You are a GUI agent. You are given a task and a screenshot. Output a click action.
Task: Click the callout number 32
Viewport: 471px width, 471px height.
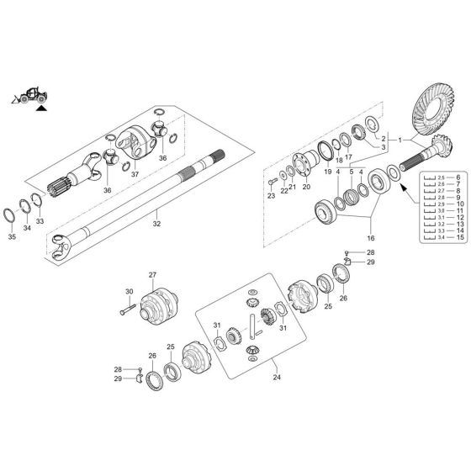156,225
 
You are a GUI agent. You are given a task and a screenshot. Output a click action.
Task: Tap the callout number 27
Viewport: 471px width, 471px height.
153,275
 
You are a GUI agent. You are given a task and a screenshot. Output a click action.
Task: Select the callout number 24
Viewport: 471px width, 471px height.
277,377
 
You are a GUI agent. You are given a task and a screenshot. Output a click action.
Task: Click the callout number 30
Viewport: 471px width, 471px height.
130,291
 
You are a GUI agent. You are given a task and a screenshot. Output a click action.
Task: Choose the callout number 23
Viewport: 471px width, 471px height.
272,195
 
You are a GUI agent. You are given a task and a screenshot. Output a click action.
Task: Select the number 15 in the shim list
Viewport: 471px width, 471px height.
460,239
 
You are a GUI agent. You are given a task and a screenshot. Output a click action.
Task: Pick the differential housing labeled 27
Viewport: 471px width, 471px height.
159,306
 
